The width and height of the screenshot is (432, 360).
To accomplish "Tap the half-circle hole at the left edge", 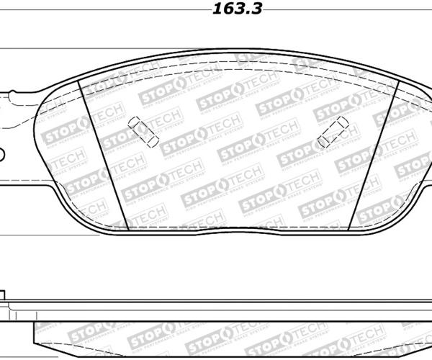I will tap(1, 153).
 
